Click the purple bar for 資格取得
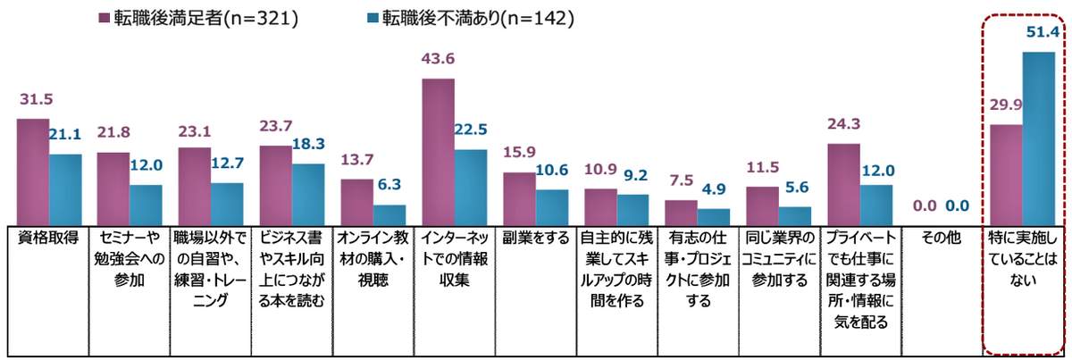click(33, 172)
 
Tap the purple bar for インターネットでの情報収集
click(438, 152)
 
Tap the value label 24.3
click(844, 126)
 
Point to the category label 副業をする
click(535, 239)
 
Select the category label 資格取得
click(47, 239)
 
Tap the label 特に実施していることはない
click(1023, 259)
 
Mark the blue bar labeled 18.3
click(308, 194)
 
